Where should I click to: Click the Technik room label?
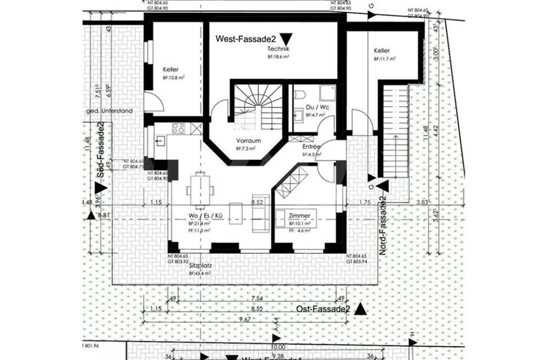pos(278,49)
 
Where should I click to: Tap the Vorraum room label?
pos(248,141)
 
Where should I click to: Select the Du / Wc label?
pos(317,107)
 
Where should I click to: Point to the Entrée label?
pos(311,147)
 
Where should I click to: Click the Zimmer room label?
pos(299,216)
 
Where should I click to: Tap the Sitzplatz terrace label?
pos(200,265)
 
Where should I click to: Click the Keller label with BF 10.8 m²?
pos(171,69)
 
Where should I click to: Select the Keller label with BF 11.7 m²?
pos(381,51)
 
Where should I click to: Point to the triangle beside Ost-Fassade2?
pos(360,309)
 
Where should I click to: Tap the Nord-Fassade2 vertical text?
pos(383,226)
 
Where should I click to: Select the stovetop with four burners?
pos(178,128)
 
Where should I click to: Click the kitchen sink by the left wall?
pos(160,141)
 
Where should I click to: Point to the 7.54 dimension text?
pos(257,298)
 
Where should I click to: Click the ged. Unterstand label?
pos(109,111)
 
